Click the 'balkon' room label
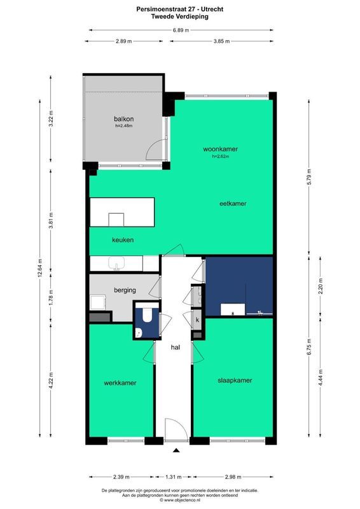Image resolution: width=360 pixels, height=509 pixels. click(123, 119)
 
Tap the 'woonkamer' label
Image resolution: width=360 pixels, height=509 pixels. click(212, 149)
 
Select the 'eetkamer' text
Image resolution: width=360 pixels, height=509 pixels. click(232, 204)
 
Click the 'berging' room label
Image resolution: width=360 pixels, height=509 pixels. click(125, 290)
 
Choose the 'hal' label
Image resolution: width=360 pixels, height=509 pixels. click(176, 348)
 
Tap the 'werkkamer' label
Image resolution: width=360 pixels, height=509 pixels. click(121, 383)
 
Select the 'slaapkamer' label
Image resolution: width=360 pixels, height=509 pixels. click(234, 380)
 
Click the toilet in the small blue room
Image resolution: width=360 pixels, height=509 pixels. click(145, 316)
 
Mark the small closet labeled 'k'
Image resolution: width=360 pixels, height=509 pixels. click(198, 319)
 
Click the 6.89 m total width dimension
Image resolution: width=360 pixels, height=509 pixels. click(179, 30)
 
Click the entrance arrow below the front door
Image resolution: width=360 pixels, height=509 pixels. click(176, 452)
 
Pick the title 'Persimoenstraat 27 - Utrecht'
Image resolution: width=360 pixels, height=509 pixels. click(179, 10)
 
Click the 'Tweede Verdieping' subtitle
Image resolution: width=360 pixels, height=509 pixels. click(179, 17)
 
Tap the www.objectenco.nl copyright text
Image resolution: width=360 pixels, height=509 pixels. click(179, 501)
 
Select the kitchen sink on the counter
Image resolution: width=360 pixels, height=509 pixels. click(116, 263)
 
